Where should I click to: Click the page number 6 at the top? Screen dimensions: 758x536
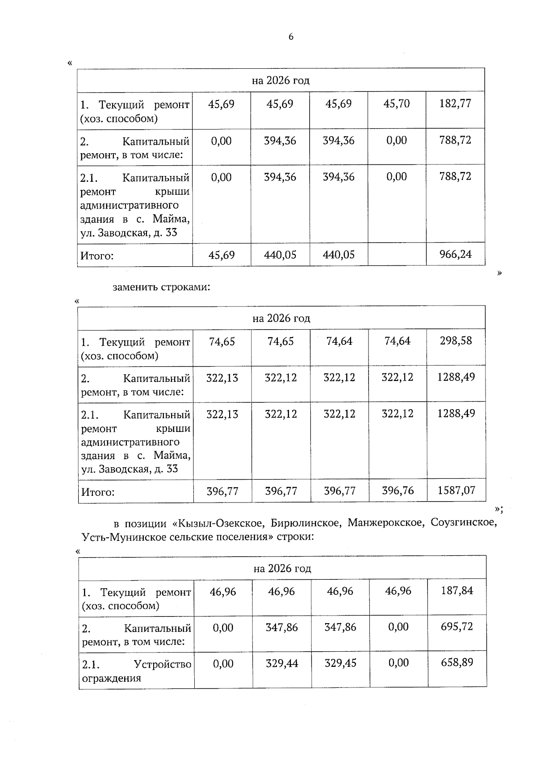click(291, 37)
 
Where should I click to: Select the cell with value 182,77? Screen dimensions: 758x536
click(455, 104)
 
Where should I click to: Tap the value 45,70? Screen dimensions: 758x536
click(397, 104)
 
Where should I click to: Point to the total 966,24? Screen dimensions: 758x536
click(455, 255)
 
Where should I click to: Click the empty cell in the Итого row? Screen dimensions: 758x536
click(397, 255)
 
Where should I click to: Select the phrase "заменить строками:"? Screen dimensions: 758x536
click(161, 287)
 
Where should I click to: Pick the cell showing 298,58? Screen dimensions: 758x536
click(456, 341)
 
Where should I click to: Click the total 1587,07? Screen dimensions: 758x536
click(456, 490)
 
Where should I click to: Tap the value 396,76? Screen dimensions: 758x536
click(398, 490)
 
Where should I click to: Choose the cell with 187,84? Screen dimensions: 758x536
click(456, 591)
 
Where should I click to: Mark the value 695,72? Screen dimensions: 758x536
click(456, 627)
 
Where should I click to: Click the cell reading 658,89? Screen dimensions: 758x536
click(456, 662)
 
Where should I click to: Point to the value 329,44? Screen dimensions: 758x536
click(282, 663)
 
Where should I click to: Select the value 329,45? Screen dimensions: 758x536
click(340, 663)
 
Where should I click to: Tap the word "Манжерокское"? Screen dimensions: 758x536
click(385, 523)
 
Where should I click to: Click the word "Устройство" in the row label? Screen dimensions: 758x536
click(163, 665)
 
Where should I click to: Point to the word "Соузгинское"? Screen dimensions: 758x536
click(463, 523)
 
